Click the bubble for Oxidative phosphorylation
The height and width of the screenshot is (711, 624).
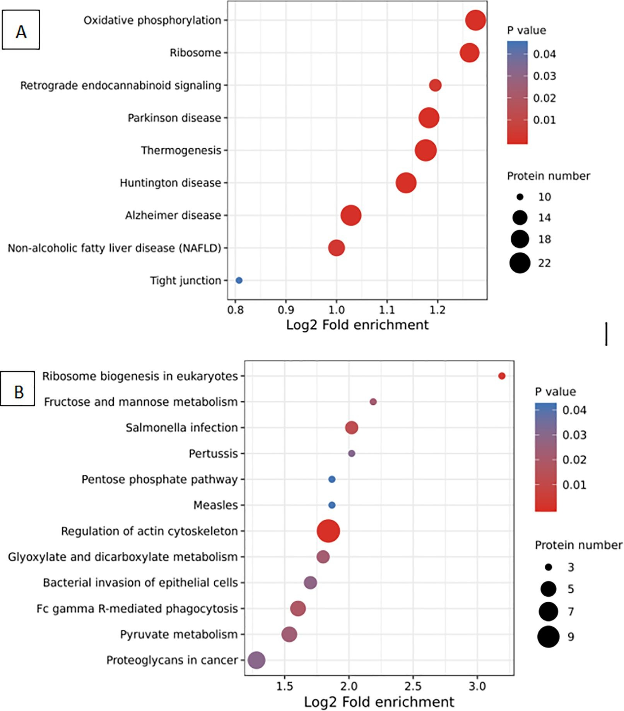[475, 20]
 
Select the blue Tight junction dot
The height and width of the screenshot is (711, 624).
[239, 280]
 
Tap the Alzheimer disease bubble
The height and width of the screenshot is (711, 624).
[351, 215]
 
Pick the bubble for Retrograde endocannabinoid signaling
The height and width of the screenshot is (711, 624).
[435, 85]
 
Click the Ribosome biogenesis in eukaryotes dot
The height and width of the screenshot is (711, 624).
[502, 376]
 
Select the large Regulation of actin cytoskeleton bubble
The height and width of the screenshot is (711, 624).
[328, 531]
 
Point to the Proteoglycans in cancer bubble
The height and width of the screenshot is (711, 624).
[256, 660]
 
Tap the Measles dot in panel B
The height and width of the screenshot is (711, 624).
[332, 505]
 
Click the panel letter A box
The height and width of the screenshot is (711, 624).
[21, 30]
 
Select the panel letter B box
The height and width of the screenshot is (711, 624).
[18, 388]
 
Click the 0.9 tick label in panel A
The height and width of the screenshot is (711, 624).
[286, 310]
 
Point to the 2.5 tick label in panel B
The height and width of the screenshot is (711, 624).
[413, 686]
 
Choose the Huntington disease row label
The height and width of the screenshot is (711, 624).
[170, 183]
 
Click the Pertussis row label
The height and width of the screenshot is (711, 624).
[213, 453]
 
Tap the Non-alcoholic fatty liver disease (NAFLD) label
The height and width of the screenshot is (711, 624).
[115, 248]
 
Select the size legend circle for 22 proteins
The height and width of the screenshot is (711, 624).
[520, 263]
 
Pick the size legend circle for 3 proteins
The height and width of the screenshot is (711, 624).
[548, 567]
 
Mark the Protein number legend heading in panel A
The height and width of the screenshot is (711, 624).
[548, 176]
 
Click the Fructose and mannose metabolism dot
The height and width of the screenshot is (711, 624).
[373, 402]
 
